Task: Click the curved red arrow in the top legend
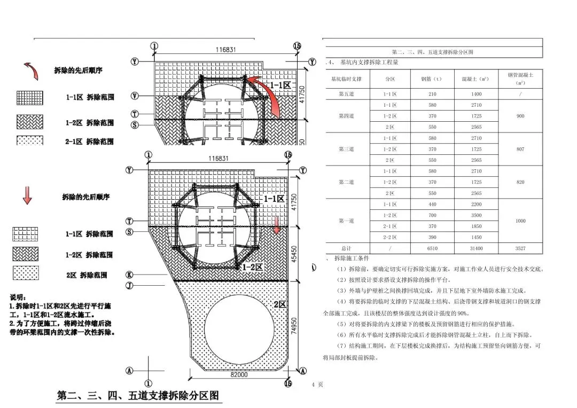tap(31, 70)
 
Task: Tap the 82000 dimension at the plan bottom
tap(239, 375)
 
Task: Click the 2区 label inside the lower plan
tap(279, 305)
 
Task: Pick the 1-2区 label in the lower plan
tap(252, 266)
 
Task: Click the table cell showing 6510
tap(432, 248)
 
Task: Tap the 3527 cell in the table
tap(520, 248)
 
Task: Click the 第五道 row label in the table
tap(346, 94)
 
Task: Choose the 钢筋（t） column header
tap(432, 79)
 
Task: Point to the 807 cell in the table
tap(520, 149)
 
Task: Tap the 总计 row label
tap(346, 248)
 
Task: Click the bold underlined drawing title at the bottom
tap(138, 396)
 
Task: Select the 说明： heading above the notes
tap(21, 297)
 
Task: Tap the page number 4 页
tap(317, 385)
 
